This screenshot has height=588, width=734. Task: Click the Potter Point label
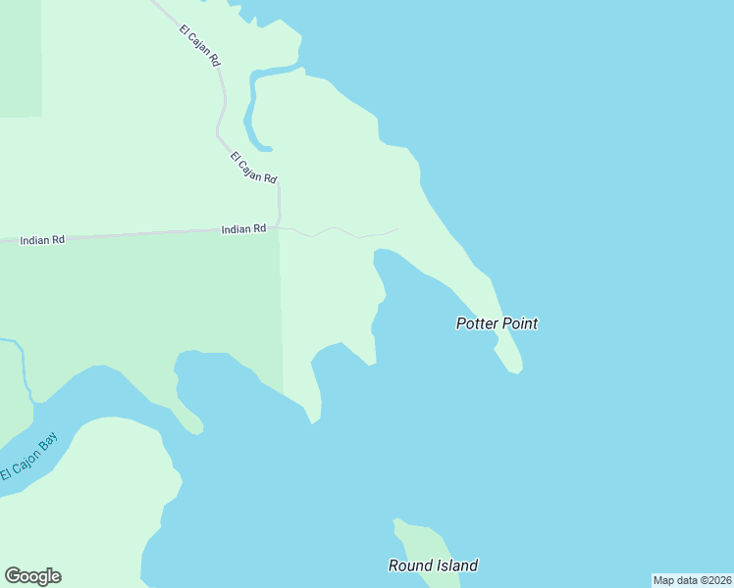(497, 323)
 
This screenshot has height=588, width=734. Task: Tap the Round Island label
(433, 565)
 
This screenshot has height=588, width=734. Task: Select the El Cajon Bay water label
(29, 456)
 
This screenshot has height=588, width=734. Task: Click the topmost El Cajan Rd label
(199, 45)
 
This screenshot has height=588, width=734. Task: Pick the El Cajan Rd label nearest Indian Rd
(254, 167)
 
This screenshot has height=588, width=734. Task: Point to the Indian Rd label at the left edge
(41, 239)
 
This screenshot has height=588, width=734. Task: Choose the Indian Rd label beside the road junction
(243, 229)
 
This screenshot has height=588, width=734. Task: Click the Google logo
(32, 576)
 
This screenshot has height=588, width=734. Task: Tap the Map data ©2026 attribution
(692, 580)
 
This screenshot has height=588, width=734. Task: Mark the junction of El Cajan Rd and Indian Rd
(280, 228)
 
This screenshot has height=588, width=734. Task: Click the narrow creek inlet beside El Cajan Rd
(252, 108)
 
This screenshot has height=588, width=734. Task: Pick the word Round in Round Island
(407, 565)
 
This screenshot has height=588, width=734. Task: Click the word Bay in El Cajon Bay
(49, 438)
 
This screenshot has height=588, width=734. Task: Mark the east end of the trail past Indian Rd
(397, 229)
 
